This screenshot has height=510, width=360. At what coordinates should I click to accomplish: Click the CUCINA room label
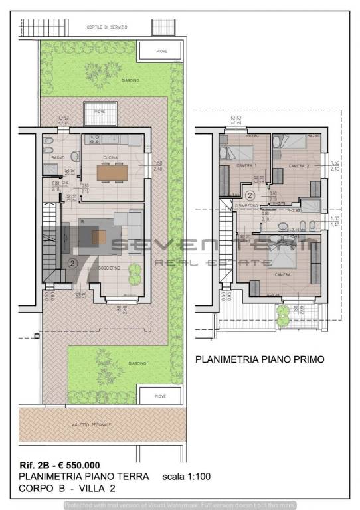(110, 157)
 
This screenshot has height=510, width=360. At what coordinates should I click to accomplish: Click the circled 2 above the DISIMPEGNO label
(249, 195)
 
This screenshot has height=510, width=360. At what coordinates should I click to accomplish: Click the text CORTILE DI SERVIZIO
(107, 27)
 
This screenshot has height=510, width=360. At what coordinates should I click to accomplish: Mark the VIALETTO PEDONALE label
(92, 424)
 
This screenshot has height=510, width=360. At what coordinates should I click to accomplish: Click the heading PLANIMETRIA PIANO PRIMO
(259, 359)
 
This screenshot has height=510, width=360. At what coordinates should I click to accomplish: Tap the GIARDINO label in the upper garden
(130, 80)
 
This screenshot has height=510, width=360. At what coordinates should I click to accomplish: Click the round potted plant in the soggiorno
(135, 270)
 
